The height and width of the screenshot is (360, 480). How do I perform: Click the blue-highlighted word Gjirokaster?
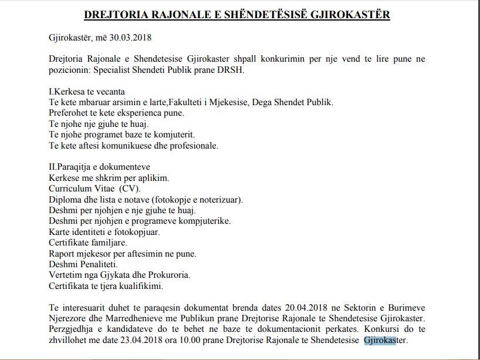[x=385, y=339]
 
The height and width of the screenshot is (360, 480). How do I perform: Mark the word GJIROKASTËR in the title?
[x=350, y=14]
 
